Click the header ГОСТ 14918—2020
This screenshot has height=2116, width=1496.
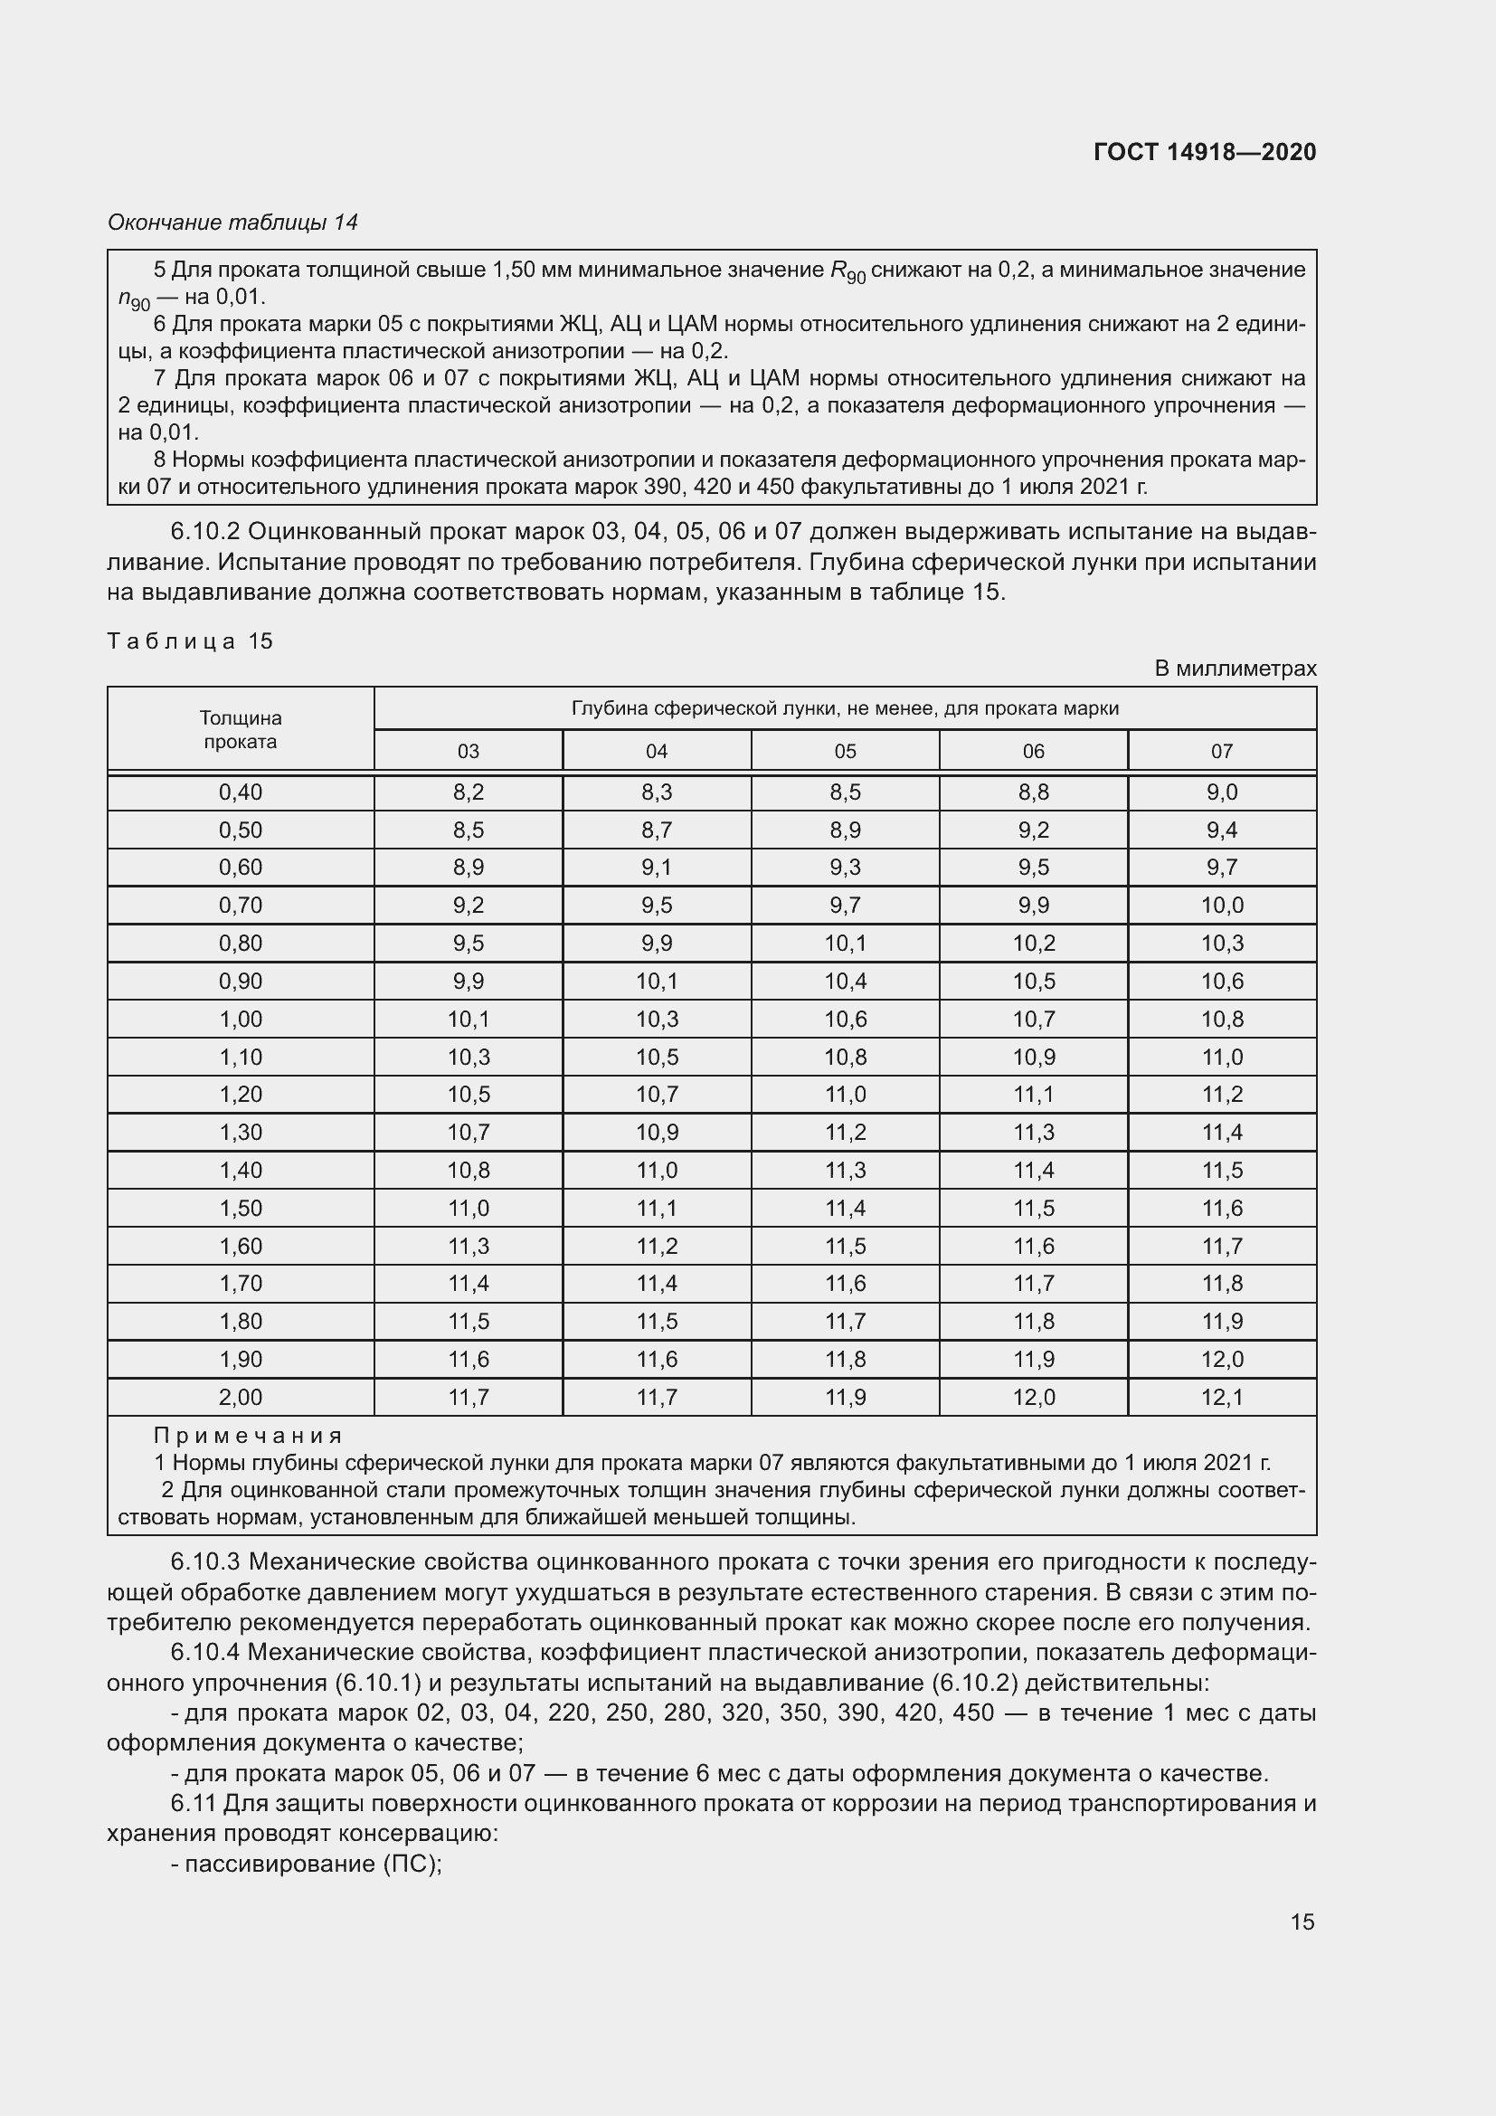1204,152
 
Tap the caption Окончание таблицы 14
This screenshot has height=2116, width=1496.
233,223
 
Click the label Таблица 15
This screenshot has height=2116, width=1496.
191,640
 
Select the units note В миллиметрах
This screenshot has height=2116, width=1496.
1236,669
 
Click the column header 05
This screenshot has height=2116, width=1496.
845,751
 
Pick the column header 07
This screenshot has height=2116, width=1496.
1221,751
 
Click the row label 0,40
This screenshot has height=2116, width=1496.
241,792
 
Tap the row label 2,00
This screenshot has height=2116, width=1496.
241,1397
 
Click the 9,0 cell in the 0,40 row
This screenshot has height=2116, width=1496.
1221,792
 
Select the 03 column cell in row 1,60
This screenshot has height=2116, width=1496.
468,1246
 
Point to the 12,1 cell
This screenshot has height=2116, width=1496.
1221,1397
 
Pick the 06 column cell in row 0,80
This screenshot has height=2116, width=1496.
1034,944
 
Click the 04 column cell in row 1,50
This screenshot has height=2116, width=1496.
656,1209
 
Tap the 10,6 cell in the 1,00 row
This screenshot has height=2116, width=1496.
845,1020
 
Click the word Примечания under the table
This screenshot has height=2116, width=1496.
248,1436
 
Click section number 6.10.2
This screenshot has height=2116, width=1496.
204,532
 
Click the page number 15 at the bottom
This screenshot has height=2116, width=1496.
1302,1922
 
